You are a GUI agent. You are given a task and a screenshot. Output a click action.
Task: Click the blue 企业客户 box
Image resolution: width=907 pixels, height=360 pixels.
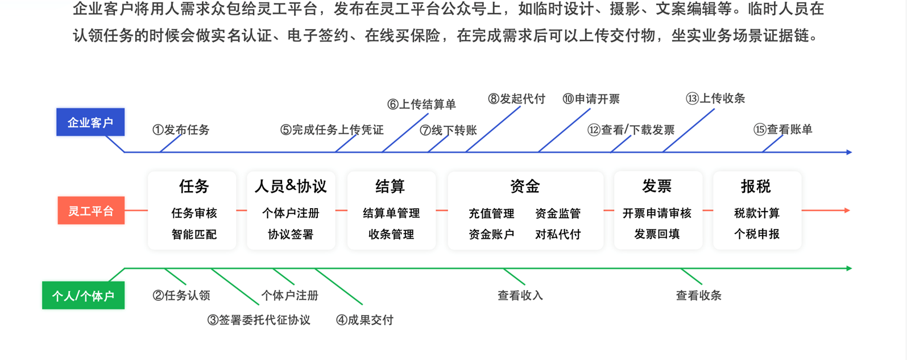coord(90,122)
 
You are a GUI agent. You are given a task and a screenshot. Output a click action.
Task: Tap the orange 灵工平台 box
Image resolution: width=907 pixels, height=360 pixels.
coord(91,211)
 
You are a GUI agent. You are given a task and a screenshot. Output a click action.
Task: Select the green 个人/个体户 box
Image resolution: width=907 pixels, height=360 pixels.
coord(83,296)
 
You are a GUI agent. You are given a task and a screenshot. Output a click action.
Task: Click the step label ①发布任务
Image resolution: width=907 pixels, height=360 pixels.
coord(181,130)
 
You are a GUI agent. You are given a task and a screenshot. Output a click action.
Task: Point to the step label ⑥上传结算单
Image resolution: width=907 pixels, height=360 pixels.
coord(421,105)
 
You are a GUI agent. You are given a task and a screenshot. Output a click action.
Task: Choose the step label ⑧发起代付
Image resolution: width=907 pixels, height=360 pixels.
coord(516,99)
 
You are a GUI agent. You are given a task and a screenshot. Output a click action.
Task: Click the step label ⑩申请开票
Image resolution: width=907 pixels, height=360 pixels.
coord(591,99)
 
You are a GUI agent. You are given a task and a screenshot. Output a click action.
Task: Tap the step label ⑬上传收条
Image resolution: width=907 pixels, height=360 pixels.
coord(715,98)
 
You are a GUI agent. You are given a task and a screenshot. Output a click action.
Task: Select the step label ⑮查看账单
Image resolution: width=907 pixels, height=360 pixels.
coord(782,130)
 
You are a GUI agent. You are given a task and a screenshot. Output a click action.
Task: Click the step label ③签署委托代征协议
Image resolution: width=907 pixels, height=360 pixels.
coord(259,320)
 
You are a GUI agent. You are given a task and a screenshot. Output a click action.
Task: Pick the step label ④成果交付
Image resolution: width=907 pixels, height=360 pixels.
coord(365,320)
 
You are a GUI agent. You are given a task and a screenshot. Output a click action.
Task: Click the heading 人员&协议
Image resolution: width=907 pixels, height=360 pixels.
coord(291,186)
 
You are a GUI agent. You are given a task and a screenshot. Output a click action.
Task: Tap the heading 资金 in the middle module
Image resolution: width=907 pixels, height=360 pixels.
coord(525,186)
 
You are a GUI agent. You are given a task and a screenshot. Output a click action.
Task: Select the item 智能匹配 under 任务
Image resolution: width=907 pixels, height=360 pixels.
coord(194,234)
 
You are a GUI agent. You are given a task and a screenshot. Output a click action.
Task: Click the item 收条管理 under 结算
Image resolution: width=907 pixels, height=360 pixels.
coord(391,234)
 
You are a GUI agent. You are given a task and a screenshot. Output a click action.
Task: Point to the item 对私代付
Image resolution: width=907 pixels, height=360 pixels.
coord(558,234)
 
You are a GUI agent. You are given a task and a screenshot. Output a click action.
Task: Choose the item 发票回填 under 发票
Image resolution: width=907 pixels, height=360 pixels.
coord(657,234)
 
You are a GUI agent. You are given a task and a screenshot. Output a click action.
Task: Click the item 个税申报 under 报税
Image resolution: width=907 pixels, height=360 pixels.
coord(756,234)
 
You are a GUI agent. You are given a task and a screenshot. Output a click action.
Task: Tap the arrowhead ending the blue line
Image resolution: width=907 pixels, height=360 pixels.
coord(848,152)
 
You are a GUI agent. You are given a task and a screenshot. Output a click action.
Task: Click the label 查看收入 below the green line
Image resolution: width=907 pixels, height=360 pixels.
coord(520,296)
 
